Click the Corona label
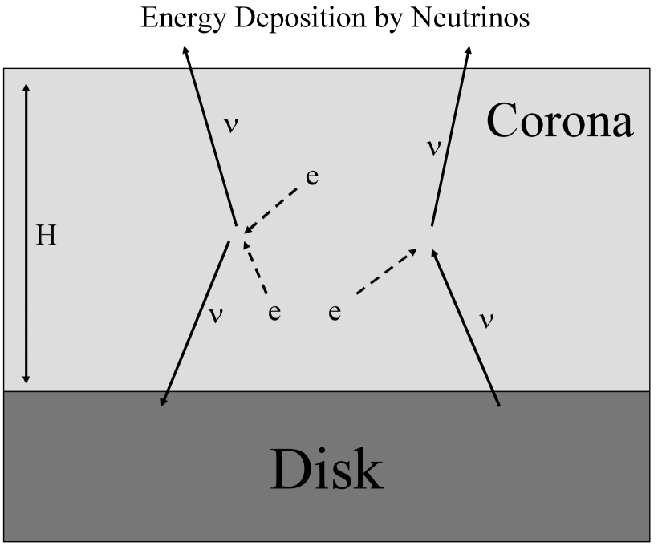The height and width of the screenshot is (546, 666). (560, 123)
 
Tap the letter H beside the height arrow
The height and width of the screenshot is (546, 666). (47, 236)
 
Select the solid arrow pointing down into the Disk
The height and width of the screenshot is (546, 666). (197, 321)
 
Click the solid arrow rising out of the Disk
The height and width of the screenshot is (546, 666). (465, 329)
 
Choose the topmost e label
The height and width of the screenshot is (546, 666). (312, 177)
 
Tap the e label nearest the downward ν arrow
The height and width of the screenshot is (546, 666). (274, 312)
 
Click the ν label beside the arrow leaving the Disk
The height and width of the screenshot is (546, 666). (485, 318)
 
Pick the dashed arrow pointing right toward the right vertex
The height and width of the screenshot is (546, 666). (385, 273)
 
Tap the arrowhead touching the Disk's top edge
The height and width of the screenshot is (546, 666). (164, 401)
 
